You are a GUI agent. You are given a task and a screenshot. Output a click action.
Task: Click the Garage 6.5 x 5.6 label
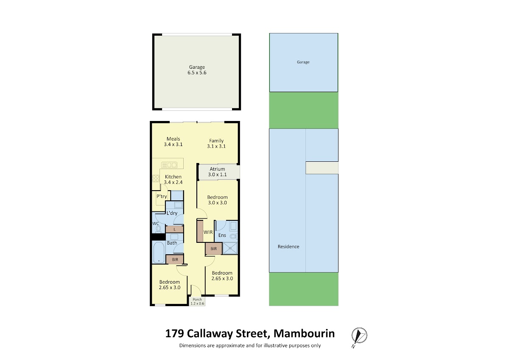197,70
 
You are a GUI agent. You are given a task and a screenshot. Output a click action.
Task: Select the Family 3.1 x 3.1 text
216,143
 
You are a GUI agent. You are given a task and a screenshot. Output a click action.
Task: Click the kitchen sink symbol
169,165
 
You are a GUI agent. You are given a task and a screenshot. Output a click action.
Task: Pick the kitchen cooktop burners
156,178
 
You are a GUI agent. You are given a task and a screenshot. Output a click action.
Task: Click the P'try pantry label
162,196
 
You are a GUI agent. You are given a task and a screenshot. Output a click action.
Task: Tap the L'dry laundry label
172,213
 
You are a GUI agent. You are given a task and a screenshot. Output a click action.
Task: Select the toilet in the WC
158,229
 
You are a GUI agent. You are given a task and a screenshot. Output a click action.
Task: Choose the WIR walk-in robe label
208,232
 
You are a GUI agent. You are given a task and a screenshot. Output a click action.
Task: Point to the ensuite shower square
230,248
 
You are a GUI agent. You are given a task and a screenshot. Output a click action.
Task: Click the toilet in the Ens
233,236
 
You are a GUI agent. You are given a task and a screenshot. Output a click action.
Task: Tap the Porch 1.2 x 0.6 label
197,301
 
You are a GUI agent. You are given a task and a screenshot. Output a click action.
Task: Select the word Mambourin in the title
304,334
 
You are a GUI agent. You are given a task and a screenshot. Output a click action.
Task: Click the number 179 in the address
174,334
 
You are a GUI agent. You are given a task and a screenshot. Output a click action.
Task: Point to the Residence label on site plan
288,247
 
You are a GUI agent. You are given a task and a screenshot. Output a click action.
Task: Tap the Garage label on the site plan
303,62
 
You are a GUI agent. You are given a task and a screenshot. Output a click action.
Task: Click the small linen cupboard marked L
174,230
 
